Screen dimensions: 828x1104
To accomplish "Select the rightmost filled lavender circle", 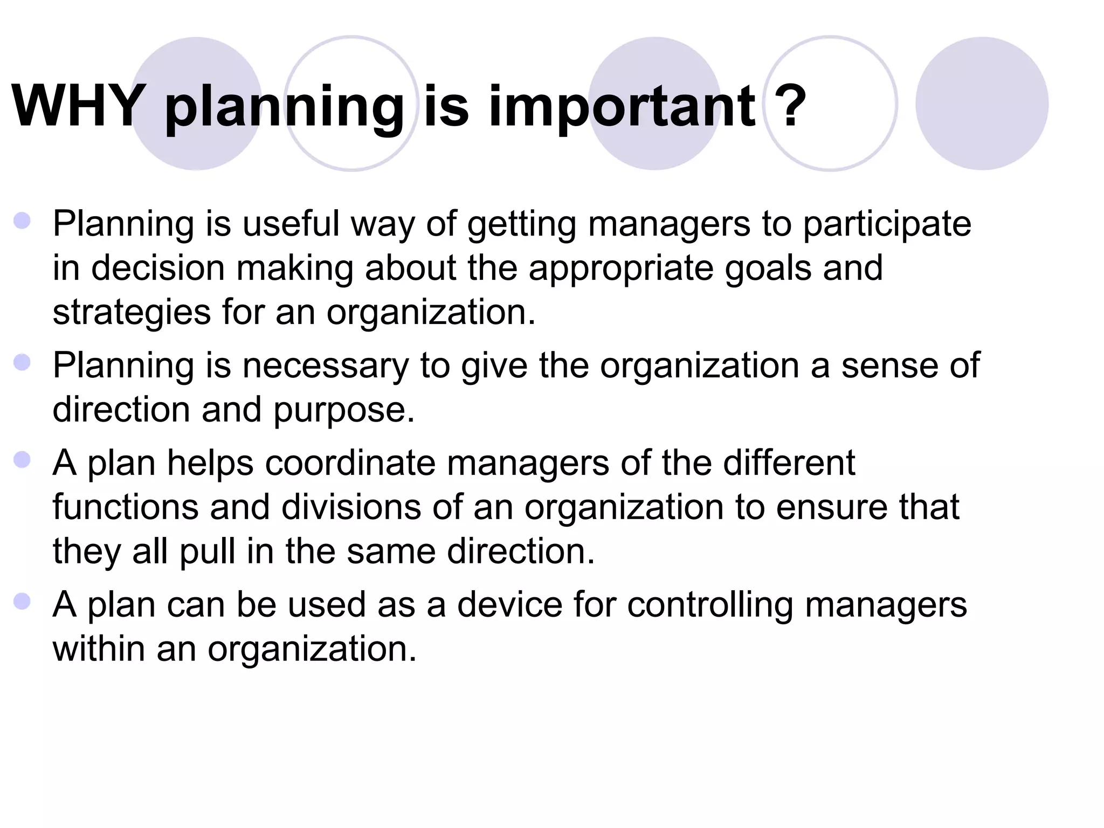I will click(982, 103).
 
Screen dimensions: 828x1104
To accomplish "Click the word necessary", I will click(326, 367).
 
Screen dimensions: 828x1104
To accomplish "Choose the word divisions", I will click(351, 507).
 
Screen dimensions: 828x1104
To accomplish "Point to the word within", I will click(99, 648).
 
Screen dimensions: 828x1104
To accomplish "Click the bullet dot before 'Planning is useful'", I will click(22, 220).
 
